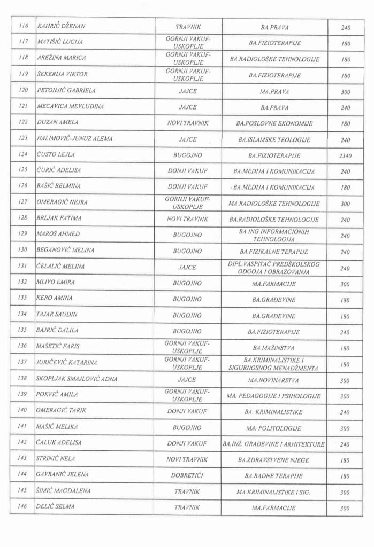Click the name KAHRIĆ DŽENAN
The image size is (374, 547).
pos(62,26)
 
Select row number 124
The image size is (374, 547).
pos(22,155)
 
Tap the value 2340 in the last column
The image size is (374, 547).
pos(345,155)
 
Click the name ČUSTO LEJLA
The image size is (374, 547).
pos(56,155)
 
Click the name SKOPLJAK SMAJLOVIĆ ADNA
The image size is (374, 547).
pos(77,379)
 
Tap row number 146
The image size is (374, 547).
pos(22,506)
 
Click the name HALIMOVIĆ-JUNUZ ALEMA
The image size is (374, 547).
pos(74,139)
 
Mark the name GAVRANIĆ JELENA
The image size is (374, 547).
pos(63,474)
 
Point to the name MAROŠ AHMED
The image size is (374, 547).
pos(58,235)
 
